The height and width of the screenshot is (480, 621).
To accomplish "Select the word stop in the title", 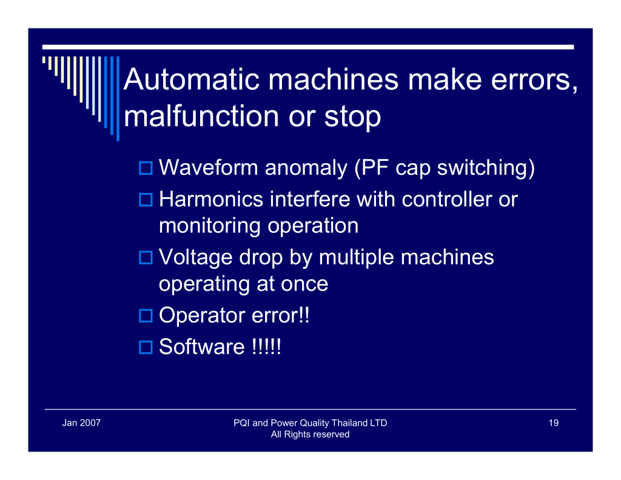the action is (x=352, y=118).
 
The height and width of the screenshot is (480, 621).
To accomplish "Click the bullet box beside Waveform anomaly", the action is (x=146, y=168).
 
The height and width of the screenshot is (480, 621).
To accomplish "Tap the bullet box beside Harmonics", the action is (x=146, y=200).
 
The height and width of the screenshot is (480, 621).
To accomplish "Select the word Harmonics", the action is (x=211, y=199).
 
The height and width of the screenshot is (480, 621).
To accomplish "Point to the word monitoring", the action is (x=210, y=226).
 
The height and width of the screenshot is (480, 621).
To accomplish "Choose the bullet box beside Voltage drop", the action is (x=146, y=258).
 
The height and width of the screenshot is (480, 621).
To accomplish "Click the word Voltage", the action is (x=196, y=258).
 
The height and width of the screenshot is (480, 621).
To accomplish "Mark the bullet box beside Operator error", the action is (x=146, y=316).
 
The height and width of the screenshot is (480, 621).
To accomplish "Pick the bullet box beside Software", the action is (x=146, y=347).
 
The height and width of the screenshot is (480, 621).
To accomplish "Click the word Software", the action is (x=202, y=347).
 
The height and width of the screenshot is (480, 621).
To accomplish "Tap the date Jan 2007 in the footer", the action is (x=81, y=423).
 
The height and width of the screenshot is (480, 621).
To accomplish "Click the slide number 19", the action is (x=554, y=423).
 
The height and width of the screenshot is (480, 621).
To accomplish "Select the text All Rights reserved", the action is (x=310, y=434).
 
